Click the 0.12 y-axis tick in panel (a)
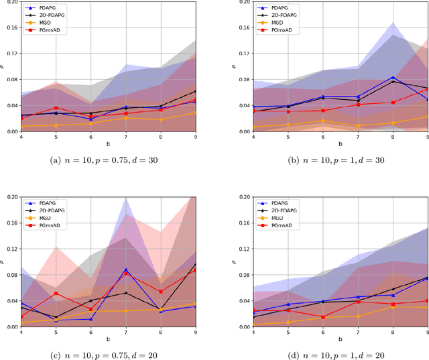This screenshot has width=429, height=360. (x=13, y=53)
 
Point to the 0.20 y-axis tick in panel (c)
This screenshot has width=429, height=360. (x=13, y=196)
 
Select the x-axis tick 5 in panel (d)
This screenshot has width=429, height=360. (x=288, y=333)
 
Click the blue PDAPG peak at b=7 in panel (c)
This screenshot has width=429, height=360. (x=126, y=269)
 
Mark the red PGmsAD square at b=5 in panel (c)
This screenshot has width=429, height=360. (x=56, y=294)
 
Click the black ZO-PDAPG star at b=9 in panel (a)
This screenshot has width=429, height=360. (x=195, y=91)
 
